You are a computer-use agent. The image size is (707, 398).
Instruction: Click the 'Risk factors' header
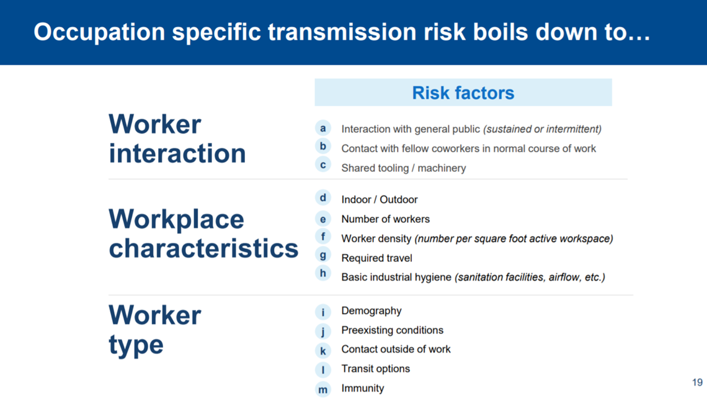(x=463, y=93)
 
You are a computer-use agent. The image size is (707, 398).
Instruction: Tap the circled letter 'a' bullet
(x=323, y=128)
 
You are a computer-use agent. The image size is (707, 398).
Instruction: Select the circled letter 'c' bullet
(x=323, y=165)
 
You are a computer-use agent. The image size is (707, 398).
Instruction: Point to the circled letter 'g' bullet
(x=323, y=255)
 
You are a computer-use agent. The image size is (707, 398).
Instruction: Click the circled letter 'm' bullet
(x=323, y=389)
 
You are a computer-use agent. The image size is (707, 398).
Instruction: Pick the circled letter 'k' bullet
(x=323, y=351)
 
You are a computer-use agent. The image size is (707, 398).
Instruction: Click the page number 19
(x=697, y=382)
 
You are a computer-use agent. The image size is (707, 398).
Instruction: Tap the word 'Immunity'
(x=363, y=389)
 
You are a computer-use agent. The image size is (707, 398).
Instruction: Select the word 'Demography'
(x=371, y=311)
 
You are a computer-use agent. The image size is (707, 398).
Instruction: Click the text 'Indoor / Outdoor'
(x=379, y=199)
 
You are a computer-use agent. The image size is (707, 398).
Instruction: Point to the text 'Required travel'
(x=376, y=258)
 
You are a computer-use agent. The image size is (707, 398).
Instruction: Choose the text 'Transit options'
(x=376, y=369)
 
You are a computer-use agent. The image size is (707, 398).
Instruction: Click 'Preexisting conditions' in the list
(x=393, y=330)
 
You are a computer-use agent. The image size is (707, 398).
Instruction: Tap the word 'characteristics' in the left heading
(x=203, y=248)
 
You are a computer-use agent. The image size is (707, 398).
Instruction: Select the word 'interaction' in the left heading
(x=177, y=153)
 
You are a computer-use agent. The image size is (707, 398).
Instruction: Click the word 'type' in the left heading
(x=136, y=345)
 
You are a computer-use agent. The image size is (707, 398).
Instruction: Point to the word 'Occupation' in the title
(x=99, y=32)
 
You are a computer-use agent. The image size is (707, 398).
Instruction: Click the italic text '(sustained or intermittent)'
(x=542, y=130)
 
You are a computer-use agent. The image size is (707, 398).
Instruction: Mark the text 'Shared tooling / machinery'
(x=404, y=168)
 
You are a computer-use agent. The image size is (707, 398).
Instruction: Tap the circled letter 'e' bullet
(x=323, y=219)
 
